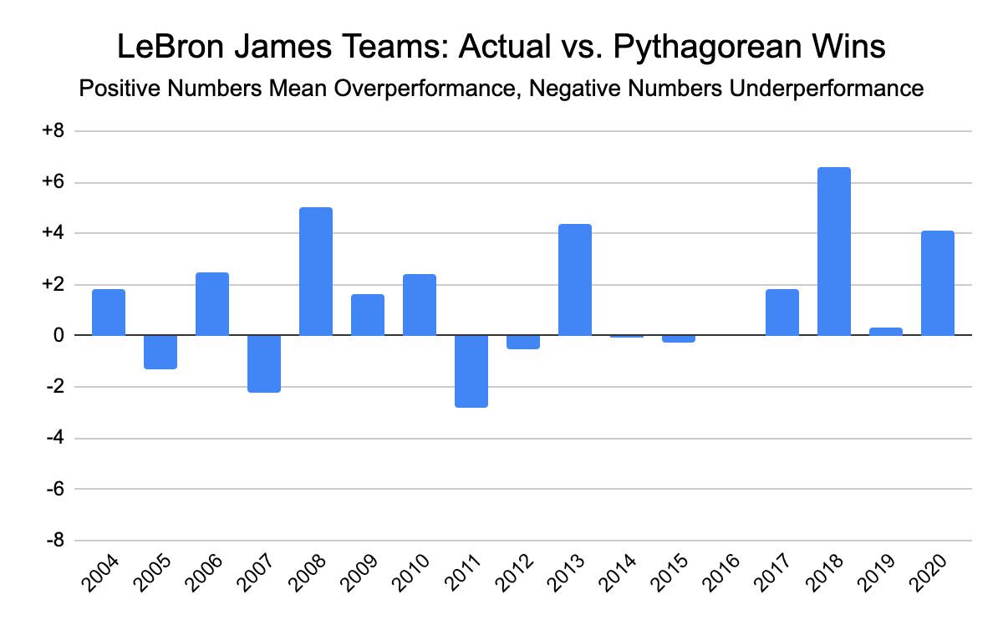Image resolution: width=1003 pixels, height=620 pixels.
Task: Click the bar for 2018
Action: [833, 252]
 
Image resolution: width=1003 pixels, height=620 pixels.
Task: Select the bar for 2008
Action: [315, 272]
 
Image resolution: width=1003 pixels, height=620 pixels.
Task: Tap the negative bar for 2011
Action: [471, 371]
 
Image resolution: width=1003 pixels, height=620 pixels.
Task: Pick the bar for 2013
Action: [574, 280]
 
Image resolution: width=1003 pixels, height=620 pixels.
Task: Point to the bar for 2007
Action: [263, 363]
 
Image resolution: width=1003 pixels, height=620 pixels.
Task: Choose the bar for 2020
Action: [937, 283]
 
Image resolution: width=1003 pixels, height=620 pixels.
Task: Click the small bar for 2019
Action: [885, 332]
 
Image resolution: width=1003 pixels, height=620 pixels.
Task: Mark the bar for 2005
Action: [160, 352]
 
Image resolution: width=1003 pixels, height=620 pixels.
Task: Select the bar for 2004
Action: [109, 313]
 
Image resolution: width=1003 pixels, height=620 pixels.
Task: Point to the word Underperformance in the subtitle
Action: [826, 88]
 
